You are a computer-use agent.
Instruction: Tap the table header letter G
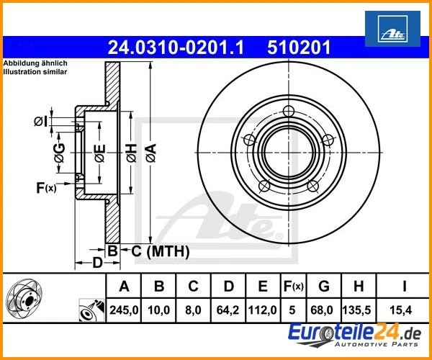click(324, 286)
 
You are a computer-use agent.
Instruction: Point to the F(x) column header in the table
click(293, 286)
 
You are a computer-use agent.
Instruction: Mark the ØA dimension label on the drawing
click(150, 151)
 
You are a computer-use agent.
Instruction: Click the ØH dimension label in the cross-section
click(130, 151)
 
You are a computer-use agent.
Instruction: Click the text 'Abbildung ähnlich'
click(35, 63)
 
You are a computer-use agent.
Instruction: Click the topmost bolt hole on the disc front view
click(289, 111)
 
